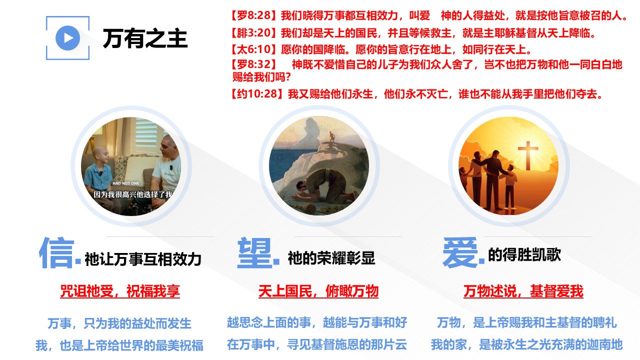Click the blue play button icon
tap(67, 38)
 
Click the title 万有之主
tap(145, 38)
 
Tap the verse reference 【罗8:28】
tap(254, 15)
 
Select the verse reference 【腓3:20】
tap(254, 33)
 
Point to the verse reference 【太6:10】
tap(254, 49)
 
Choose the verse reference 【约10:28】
tap(257, 93)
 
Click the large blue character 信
tap(57, 252)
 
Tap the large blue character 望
tap(254, 252)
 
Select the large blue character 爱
tap(460, 252)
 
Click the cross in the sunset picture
tap(528, 155)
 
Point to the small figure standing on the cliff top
tap(331, 136)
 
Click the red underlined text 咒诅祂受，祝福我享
tap(120, 291)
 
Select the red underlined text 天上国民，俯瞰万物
tap(318, 291)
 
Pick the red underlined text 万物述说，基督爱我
tap(523, 291)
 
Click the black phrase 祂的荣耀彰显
tap(331, 258)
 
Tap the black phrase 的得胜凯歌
tap(524, 255)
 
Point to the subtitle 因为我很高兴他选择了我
tap(133, 194)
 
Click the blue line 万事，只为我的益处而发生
tap(119, 323)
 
